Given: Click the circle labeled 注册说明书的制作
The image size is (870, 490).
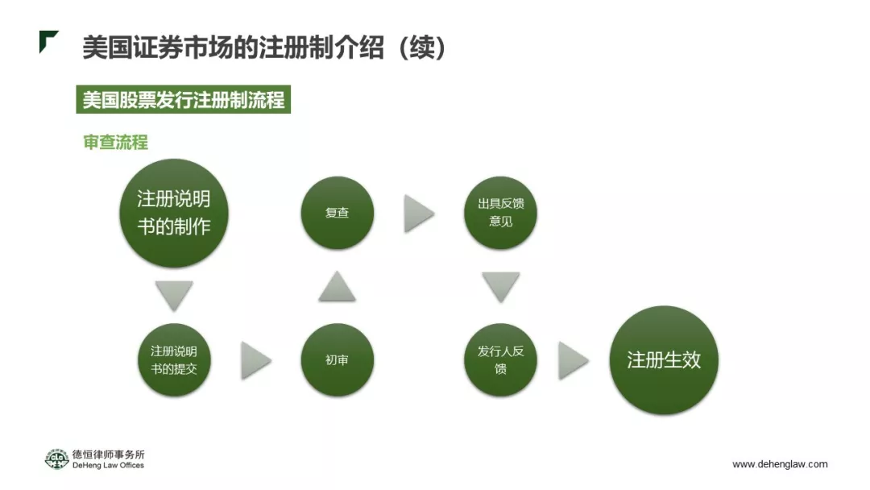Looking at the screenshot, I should pyautogui.click(x=174, y=214).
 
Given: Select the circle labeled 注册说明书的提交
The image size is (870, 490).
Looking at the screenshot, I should pyautogui.click(x=174, y=360).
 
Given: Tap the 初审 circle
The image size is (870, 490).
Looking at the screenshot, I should pyautogui.click(x=337, y=360).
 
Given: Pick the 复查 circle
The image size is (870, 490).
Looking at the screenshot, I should pyautogui.click(x=337, y=213).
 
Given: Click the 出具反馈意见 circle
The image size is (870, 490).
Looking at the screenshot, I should pyautogui.click(x=500, y=213).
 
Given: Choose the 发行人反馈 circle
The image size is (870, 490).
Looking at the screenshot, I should pyautogui.click(x=500, y=360).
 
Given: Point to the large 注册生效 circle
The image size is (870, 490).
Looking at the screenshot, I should pyautogui.click(x=663, y=360).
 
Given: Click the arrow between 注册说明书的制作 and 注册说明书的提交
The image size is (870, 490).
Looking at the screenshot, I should pyautogui.click(x=175, y=295).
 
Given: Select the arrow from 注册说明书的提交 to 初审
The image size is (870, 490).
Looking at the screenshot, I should pyautogui.click(x=255, y=360).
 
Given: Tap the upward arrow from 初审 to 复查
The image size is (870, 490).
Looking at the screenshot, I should pyautogui.click(x=337, y=288).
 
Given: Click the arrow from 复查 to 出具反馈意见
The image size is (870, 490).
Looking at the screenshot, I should pyautogui.click(x=418, y=214).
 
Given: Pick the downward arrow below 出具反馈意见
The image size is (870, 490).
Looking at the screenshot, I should pyautogui.click(x=500, y=287).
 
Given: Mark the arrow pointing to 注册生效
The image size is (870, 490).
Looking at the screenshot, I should pyautogui.click(x=573, y=360).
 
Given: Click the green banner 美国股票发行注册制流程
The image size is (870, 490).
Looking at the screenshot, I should pyautogui.click(x=184, y=100).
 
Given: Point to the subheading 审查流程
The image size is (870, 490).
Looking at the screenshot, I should pyautogui.click(x=116, y=143).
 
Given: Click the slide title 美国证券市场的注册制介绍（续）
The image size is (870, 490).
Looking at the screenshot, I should pyautogui.click(x=264, y=48).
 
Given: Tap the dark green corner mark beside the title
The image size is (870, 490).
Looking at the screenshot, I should pyautogui.click(x=48, y=40).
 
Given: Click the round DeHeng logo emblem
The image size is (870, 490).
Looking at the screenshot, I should pyautogui.click(x=56, y=459).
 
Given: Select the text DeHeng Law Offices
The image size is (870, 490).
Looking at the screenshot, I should pyautogui.click(x=108, y=466).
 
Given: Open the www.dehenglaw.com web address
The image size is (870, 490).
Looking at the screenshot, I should pyautogui.click(x=780, y=464).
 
